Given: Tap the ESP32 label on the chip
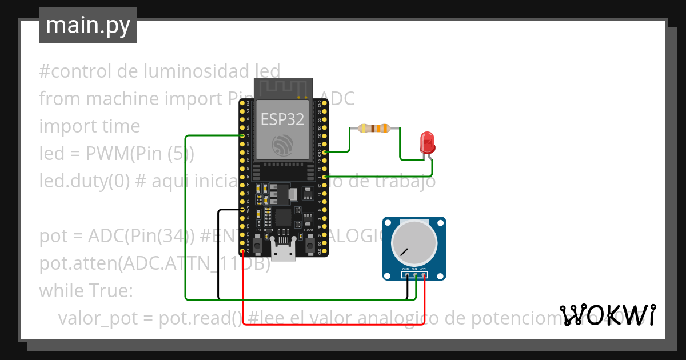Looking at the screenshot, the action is point(282,119).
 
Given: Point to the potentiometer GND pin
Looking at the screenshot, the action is point(406,275).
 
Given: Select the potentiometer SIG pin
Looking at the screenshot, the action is point(415,275).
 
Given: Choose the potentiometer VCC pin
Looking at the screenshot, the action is point(424,275).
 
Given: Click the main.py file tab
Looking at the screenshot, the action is point(88,25).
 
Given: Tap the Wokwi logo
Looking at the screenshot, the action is point(607,315).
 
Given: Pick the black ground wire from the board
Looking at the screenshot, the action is point(218,257).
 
